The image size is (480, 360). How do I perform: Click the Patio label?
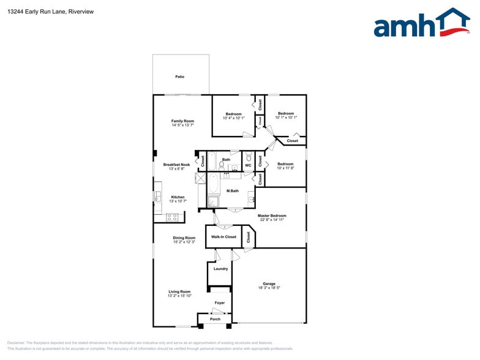180,77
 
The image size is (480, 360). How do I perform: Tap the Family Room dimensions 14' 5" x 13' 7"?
183,126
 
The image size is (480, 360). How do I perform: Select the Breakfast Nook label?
176,164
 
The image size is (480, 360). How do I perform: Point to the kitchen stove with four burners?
173,216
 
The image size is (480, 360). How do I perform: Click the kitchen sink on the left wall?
157,197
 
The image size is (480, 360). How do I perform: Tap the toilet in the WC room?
249,158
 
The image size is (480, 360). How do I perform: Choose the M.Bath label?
233,191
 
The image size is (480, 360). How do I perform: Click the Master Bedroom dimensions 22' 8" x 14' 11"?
272,220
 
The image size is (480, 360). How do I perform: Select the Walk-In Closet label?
223,236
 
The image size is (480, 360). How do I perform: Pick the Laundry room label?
220,268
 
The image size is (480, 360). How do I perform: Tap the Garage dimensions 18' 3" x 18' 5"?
269,288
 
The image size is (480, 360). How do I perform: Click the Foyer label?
219,303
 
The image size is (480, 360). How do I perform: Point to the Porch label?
215,319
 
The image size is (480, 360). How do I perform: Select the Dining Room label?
184,238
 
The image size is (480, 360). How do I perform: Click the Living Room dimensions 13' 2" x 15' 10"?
180,296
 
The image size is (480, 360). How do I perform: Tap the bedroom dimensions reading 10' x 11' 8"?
285,168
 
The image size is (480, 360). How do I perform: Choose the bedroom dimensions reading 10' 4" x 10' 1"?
233,118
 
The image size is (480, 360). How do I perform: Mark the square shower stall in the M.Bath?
214,202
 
